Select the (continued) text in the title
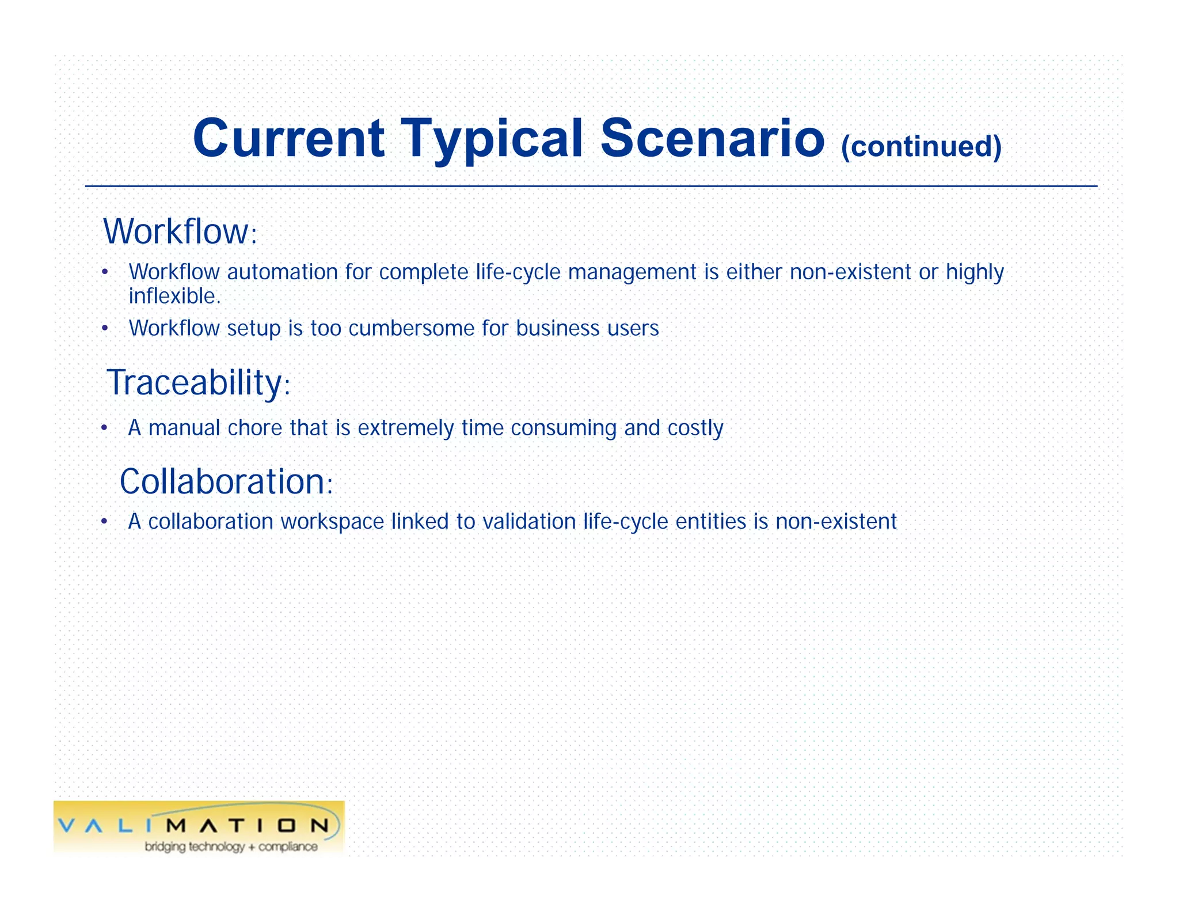[x=921, y=146]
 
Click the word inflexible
[x=174, y=296]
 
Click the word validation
[x=528, y=522]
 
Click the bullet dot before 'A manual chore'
[x=104, y=428]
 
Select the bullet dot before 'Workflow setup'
[x=104, y=328]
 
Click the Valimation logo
[x=199, y=827]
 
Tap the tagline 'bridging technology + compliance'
[x=231, y=847]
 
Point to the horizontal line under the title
[x=591, y=186]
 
